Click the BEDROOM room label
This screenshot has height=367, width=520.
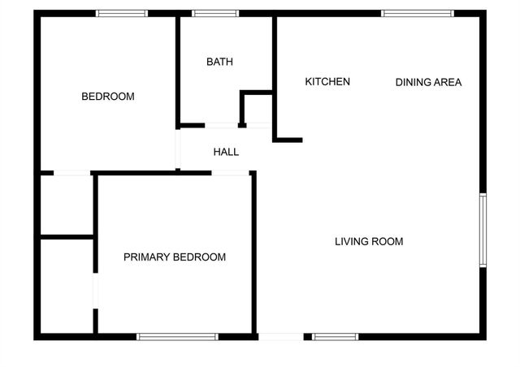pyautogui.click(x=108, y=97)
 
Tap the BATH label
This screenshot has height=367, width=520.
pyautogui.click(x=219, y=62)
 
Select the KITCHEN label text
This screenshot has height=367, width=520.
pyautogui.click(x=327, y=81)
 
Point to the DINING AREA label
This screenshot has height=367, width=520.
pyautogui.click(x=428, y=82)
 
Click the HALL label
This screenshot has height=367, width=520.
pyautogui.click(x=226, y=152)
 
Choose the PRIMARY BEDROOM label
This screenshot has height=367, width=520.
pyautogui.click(x=175, y=257)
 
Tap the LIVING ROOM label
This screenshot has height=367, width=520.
pyautogui.click(x=369, y=241)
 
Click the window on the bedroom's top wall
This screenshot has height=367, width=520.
pyautogui.click(x=122, y=13)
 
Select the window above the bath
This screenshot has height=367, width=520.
pyautogui.click(x=215, y=13)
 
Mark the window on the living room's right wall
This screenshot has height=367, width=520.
pyautogui.click(x=483, y=230)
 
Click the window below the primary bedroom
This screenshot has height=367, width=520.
pyautogui.click(x=177, y=336)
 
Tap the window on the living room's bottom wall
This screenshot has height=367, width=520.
pyautogui.click(x=335, y=336)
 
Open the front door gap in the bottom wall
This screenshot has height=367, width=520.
pyautogui.click(x=281, y=336)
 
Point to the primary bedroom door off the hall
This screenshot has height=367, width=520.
pyautogui.click(x=230, y=173)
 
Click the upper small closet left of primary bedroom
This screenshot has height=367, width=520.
pyautogui.click(x=66, y=204)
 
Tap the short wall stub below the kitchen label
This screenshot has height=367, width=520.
pyautogui.click(x=288, y=140)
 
